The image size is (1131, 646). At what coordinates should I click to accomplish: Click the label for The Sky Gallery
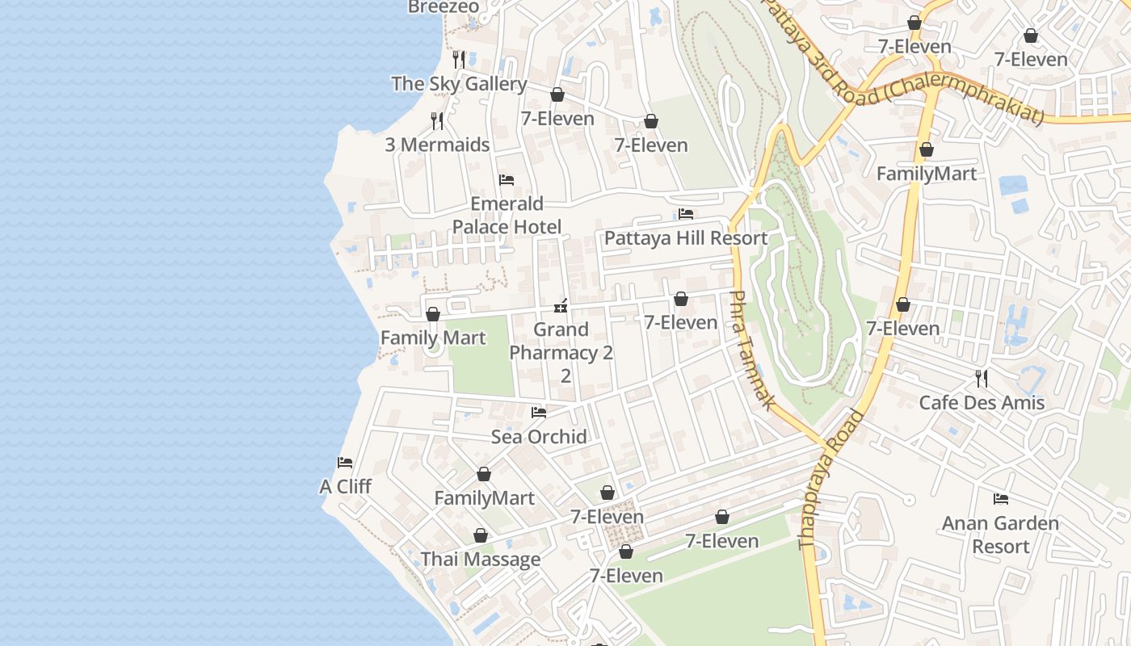459,83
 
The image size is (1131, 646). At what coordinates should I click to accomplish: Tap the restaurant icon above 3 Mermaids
437,121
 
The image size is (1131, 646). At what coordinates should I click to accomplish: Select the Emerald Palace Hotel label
507,216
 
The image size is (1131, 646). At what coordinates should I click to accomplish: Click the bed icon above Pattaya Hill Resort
686,214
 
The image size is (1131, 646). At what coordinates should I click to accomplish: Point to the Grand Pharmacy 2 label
561,352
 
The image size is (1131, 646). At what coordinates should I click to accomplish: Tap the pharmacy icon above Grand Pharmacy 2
561,306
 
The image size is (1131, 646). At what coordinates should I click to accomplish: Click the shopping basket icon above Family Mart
433,314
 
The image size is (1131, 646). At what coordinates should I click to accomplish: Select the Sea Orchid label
539,437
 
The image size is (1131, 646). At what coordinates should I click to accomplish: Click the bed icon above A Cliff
345,463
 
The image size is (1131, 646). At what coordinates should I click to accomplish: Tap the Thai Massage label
481,560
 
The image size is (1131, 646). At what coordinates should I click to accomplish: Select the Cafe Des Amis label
982,402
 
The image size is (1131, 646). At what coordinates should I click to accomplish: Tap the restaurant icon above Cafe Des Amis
982,377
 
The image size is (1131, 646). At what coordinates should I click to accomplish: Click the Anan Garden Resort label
1000,535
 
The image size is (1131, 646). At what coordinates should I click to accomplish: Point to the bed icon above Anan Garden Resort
1001,499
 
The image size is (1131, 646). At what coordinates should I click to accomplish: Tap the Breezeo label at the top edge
443,7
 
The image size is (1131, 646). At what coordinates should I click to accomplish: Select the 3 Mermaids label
437,145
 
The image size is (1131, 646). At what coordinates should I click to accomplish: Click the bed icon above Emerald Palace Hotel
507,179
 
